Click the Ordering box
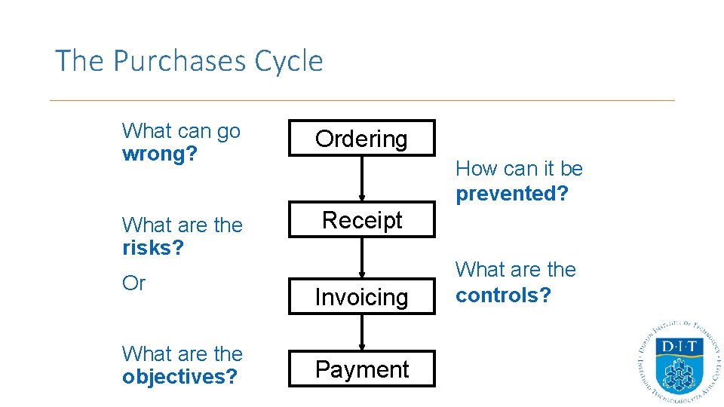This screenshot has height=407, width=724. [x=361, y=139]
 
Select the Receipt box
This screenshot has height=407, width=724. [x=361, y=220]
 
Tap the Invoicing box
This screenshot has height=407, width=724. [x=361, y=297]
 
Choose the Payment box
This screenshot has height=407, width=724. [x=361, y=369]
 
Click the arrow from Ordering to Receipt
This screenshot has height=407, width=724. [x=362, y=179]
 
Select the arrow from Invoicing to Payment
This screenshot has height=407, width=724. [x=362, y=333]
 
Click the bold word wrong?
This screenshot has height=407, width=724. [x=159, y=155]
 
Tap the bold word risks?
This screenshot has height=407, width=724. [x=152, y=248]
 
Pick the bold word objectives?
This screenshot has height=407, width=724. [x=179, y=377]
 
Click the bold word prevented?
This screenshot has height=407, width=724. [x=511, y=194]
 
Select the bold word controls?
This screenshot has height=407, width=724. [x=503, y=295]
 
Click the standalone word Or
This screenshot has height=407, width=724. [x=133, y=283]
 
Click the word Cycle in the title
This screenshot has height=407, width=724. [x=289, y=61]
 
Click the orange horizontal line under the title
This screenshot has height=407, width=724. [x=362, y=100]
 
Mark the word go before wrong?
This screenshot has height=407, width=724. [x=229, y=131]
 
